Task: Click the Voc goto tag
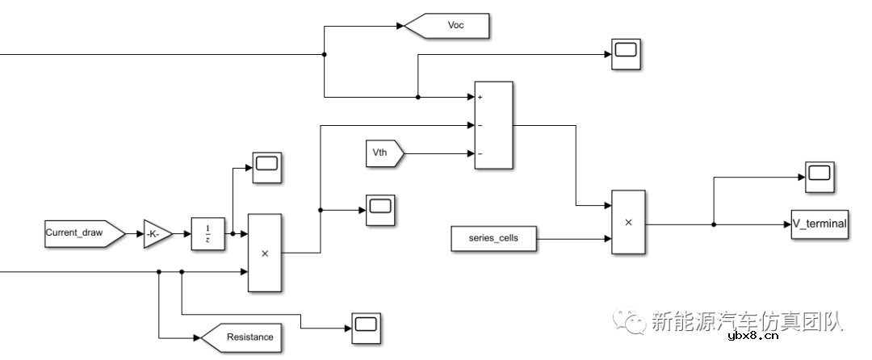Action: [449, 26]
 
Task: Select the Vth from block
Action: [383, 153]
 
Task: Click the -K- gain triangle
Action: [157, 234]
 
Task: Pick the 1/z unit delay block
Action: [208, 234]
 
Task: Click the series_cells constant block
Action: [492, 238]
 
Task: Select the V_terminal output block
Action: [820, 224]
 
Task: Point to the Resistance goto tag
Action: [243, 337]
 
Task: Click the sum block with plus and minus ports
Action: [493, 125]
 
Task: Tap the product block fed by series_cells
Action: [628, 223]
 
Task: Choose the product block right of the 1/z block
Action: [264, 253]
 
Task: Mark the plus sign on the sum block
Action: [480, 97]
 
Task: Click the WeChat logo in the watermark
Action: [630, 321]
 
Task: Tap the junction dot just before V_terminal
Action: [714, 224]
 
